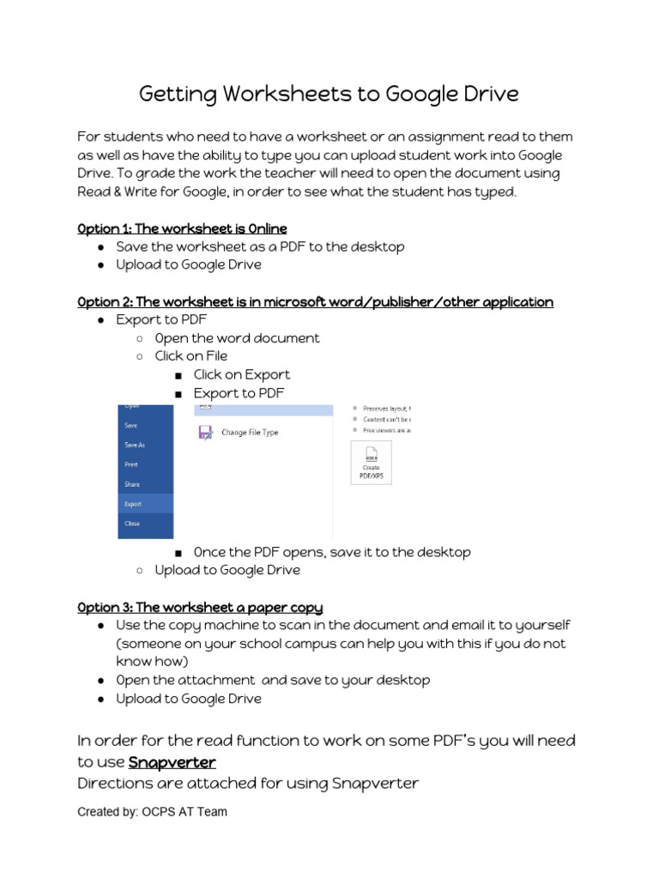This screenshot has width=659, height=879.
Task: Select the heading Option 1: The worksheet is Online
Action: [182, 228]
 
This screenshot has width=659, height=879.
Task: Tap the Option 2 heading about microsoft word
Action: [315, 301]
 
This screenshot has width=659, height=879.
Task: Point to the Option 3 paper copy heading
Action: [200, 607]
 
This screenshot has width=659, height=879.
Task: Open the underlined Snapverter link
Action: [172, 762]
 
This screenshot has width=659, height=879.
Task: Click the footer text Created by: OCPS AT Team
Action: [152, 811]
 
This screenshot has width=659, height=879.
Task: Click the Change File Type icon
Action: [206, 433]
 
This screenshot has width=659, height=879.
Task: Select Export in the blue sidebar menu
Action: [133, 504]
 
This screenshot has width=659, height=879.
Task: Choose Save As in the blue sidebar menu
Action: [135, 445]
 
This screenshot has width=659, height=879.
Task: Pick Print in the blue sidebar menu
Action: [131, 464]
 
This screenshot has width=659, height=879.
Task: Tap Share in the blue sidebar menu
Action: [132, 484]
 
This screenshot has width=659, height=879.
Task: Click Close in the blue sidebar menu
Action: [132, 524]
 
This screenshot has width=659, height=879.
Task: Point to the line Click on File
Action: [190, 355]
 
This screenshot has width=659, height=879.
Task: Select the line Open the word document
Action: [237, 338]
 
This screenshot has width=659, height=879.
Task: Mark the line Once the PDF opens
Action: [331, 552]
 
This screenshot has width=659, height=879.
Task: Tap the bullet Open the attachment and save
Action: [273, 680]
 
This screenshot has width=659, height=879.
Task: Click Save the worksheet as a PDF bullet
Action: [260, 246]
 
